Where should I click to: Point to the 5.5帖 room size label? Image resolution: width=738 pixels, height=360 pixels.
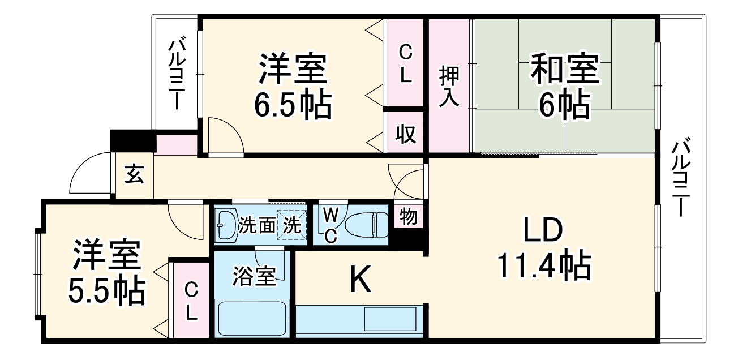tap(106, 291)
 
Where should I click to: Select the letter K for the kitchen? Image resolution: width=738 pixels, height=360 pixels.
tap(361, 280)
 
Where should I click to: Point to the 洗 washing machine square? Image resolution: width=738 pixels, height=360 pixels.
tap(292, 225)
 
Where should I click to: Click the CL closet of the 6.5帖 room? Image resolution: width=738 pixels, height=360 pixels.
tap(404, 63)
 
